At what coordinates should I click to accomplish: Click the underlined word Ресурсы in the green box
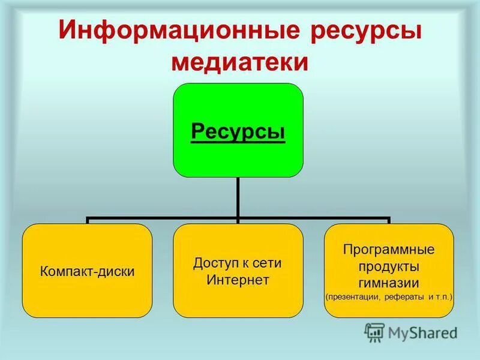click(238, 131)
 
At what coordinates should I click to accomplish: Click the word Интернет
click(238, 280)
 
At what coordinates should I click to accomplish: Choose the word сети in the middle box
click(269, 263)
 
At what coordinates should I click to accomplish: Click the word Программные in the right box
click(389, 248)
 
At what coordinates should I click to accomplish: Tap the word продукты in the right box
click(389, 265)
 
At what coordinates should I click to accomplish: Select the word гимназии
click(389, 282)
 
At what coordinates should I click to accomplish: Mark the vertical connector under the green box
click(238, 198)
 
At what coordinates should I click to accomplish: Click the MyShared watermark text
click(422, 332)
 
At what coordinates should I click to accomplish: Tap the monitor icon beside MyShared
click(374, 332)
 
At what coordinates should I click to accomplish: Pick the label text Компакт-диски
click(87, 271)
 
